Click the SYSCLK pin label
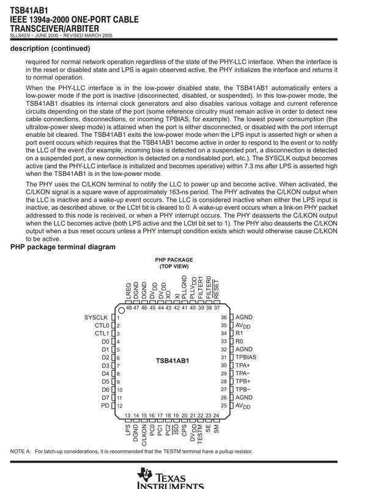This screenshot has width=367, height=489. [x=96, y=318]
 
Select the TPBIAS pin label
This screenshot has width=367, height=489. [x=247, y=357]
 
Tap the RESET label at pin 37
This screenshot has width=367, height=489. [x=217, y=290]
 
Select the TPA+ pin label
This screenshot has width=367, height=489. [x=243, y=365]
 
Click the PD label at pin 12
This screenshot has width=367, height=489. [x=105, y=405]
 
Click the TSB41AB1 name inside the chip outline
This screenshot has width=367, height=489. [x=172, y=361]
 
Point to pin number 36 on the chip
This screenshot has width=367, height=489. [x=224, y=318]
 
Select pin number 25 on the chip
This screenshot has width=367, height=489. [x=224, y=405]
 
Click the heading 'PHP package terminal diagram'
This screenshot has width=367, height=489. [x=63, y=247]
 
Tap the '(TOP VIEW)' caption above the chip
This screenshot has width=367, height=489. [x=174, y=267]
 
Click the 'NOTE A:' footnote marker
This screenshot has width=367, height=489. [x=21, y=452]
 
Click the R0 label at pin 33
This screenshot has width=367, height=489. [x=239, y=341]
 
